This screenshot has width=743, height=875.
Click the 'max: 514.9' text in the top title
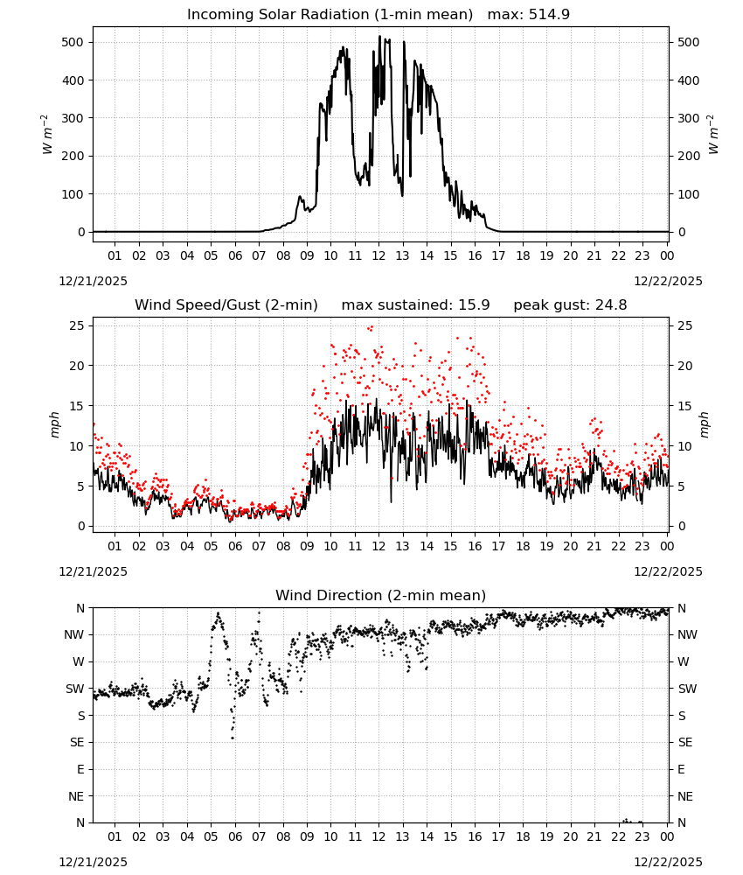529,15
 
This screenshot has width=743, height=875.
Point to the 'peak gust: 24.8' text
570,305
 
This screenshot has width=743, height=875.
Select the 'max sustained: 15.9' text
415,305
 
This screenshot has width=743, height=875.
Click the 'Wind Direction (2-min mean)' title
381,595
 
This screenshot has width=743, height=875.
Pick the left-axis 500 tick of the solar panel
73,42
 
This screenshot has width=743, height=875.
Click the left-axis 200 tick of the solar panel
73,157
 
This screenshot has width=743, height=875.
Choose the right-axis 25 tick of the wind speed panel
684,325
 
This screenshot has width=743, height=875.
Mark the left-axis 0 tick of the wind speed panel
81,526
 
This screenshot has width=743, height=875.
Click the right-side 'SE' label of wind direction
685,743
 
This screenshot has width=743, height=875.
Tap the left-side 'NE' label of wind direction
76,796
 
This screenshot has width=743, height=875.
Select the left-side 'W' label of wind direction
80,661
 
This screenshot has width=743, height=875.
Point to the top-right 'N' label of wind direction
681,608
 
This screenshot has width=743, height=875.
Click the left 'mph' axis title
54,424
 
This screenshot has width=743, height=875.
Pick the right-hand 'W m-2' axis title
713,135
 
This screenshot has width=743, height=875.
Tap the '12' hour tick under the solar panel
378,255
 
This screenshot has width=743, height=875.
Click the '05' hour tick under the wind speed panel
211,546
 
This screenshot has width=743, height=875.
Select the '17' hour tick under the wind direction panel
498,836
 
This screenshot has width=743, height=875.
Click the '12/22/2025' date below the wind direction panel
669,862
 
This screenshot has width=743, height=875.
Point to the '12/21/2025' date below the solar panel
93,281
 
